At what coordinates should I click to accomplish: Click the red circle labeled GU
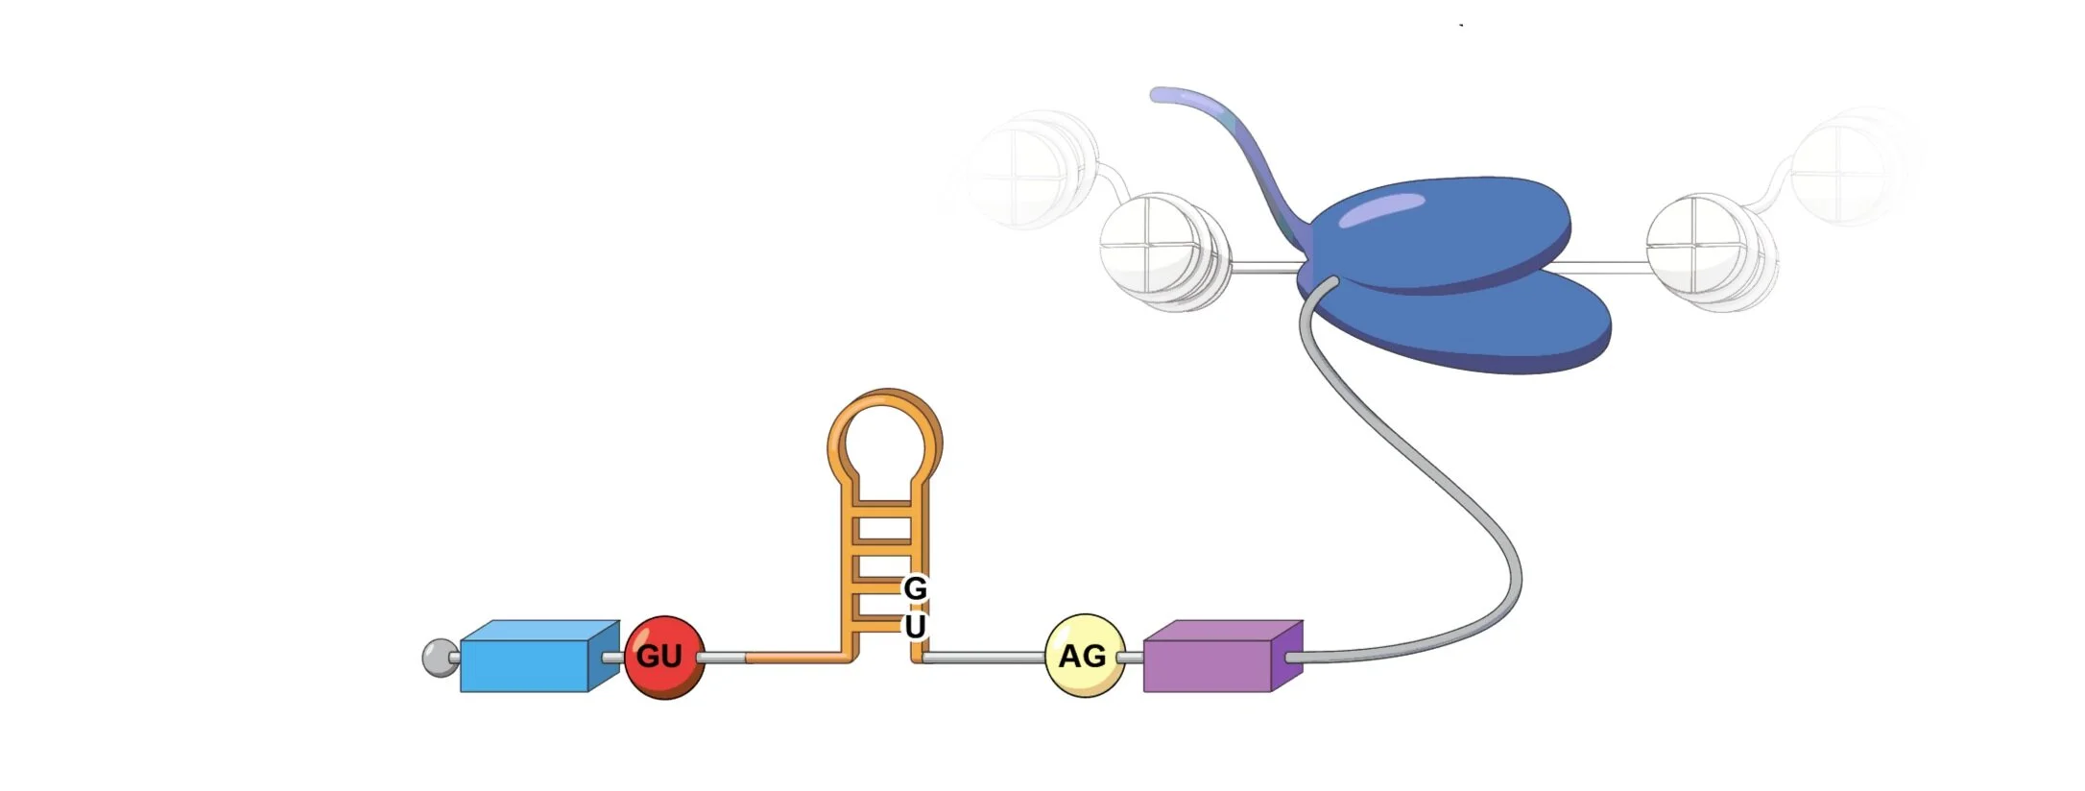[x=663, y=658]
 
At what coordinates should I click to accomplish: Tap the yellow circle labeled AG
[x=1084, y=657]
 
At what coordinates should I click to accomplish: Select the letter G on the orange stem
[x=915, y=587]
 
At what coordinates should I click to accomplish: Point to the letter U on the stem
[x=915, y=626]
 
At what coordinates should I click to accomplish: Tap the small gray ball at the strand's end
[x=440, y=659]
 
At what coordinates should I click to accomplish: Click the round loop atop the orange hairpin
[x=884, y=436]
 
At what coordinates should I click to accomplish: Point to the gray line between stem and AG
[x=984, y=658]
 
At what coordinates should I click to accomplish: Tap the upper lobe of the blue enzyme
[x=1440, y=230]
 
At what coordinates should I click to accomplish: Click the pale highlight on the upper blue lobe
[x=1382, y=209]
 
